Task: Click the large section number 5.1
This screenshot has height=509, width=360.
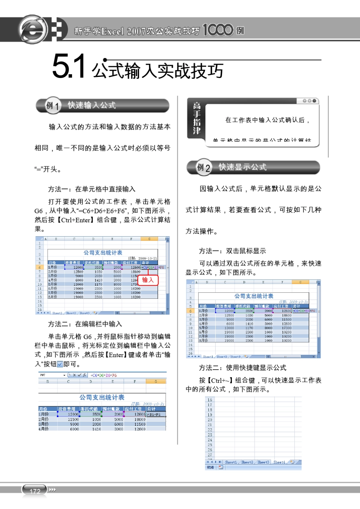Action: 69,67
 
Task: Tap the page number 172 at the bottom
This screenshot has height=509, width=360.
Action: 35,491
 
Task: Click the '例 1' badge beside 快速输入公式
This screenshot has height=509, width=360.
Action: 52,106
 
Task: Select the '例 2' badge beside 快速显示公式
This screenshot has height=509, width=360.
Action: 203,167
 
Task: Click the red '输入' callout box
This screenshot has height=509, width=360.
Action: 148,280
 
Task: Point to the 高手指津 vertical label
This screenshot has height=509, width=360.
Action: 197,118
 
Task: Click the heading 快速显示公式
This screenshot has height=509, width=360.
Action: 243,167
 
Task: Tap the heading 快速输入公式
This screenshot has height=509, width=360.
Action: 92,105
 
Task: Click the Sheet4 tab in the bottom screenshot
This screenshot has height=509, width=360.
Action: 279,462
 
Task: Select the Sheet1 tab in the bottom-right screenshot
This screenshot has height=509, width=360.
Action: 231,462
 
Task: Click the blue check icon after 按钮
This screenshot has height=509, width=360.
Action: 60,364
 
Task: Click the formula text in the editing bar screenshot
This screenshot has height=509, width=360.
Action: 103,375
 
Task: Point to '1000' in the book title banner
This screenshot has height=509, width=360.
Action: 218,30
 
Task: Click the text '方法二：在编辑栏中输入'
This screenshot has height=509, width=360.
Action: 85,324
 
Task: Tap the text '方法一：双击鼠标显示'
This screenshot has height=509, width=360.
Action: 232,251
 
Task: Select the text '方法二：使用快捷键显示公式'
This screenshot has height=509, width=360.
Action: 243,368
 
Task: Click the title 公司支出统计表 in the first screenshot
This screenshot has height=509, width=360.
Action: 103,253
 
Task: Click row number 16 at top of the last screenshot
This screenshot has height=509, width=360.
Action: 210,400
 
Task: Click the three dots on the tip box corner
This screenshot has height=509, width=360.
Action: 309,101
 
